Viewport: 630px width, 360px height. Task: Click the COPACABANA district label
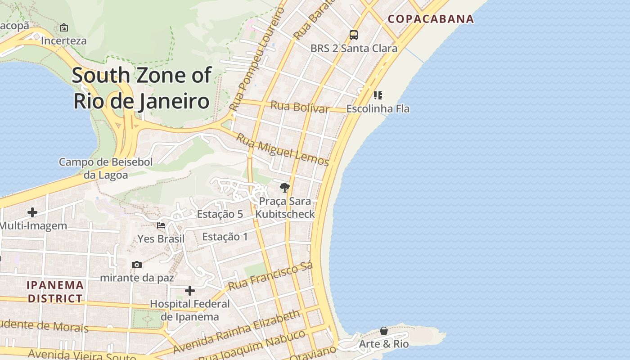(x=431, y=19)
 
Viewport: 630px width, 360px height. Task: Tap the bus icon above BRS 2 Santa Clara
(x=354, y=35)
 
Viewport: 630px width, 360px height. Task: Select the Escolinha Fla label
(x=378, y=109)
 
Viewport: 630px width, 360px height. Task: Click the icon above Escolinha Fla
(x=378, y=95)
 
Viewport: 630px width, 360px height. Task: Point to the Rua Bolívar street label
(x=299, y=107)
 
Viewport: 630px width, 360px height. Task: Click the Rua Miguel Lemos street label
(x=283, y=150)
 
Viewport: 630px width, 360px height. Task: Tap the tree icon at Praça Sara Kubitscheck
(x=284, y=187)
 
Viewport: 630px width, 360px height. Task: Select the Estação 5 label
(x=220, y=214)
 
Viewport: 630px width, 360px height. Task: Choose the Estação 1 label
(x=225, y=237)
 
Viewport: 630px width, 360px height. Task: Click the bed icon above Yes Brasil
(x=161, y=225)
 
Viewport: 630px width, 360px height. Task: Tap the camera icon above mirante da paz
(x=137, y=265)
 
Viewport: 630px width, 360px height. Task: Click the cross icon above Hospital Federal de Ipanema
(x=190, y=291)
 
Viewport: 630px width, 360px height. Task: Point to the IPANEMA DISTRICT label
(x=55, y=292)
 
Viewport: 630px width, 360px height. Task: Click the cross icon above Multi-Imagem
(x=32, y=212)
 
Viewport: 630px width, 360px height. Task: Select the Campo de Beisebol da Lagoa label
(x=106, y=168)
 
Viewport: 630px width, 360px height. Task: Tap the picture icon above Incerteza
(x=64, y=27)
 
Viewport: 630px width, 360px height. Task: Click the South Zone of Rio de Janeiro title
(x=142, y=88)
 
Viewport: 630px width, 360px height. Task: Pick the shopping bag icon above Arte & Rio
(x=384, y=331)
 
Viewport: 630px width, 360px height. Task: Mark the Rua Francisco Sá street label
(x=270, y=276)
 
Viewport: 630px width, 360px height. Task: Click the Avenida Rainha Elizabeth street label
(x=237, y=332)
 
